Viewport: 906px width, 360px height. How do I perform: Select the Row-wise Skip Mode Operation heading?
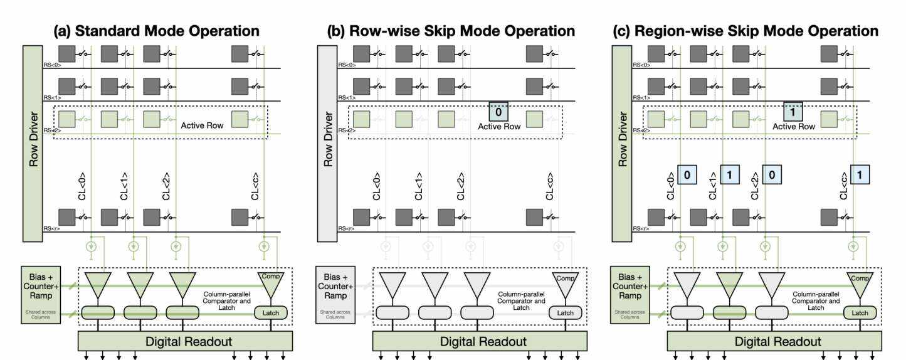tap(451, 31)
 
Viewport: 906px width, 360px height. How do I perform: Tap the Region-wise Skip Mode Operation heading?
tap(746, 31)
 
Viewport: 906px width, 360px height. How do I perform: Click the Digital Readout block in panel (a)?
tap(185, 341)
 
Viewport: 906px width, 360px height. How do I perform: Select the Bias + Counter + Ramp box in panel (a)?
tap(41, 294)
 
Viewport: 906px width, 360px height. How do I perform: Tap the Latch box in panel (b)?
tap(565, 312)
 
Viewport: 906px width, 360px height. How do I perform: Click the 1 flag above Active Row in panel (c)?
tap(793, 112)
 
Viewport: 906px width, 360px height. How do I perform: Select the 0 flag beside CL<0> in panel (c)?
tap(687, 174)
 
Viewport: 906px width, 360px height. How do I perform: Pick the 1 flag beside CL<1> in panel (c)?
tap(730, 174)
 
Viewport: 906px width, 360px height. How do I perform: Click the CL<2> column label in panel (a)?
tap(166, 186)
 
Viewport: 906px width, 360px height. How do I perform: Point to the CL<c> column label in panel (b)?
tap(550, 186)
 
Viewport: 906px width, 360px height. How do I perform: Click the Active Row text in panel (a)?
tap(203, 125)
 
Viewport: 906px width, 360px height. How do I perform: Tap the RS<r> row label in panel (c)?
tap(640, 229)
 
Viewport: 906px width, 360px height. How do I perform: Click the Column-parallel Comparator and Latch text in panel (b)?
tap(521, 300)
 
